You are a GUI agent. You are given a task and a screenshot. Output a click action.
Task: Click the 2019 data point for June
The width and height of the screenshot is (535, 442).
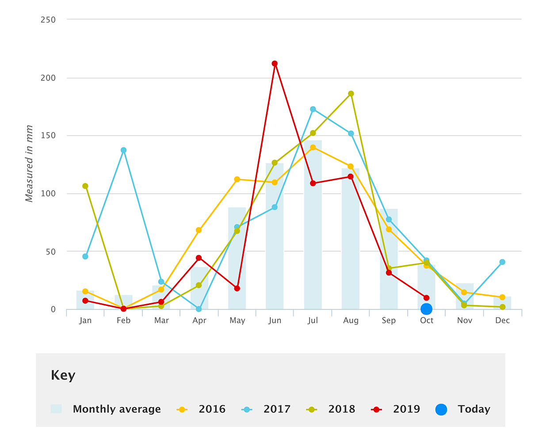[275, 64]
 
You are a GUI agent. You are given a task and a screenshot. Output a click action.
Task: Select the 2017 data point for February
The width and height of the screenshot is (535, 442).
[123, 150]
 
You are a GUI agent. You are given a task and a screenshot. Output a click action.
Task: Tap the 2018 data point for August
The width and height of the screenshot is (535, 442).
[351, 94]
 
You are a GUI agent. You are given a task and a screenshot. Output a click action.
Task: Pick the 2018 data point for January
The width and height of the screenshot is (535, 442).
[85, 186]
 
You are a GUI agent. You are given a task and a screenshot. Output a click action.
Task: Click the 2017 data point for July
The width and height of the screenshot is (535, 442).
[313, 109]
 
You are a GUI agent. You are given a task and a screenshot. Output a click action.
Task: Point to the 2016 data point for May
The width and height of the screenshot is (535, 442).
[237, 179]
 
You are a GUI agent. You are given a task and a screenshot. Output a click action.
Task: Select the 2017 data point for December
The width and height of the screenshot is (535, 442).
[502, 262]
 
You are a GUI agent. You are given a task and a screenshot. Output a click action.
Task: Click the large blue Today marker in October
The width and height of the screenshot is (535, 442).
[426, 309]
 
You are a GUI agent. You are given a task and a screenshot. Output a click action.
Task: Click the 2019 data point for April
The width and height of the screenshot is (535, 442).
[199, 258]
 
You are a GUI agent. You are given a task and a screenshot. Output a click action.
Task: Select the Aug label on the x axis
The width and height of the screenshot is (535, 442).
[351, 320]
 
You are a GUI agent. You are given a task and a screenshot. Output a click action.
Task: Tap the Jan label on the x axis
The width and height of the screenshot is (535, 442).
[85, 320]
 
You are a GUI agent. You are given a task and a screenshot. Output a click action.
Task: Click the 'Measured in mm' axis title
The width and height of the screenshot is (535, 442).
[29, 164]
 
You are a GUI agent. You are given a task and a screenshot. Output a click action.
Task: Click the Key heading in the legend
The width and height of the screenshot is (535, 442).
[63, 375]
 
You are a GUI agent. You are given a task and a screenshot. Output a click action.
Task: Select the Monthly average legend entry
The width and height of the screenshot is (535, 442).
[106, 409]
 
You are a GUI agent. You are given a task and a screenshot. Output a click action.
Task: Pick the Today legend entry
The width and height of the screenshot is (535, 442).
[463, 409]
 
